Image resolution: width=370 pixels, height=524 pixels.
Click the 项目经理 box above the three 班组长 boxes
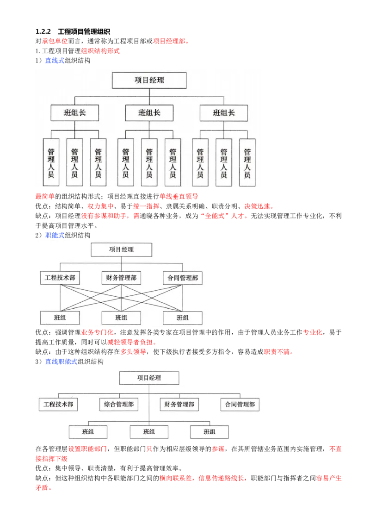click(149, 80)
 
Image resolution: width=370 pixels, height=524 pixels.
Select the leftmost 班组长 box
click(74, 112)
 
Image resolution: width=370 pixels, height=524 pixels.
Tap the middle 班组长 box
click(149, 112)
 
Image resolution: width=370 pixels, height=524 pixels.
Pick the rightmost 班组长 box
click(223, 112)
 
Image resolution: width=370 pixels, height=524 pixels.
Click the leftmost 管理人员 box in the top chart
click(51, 162)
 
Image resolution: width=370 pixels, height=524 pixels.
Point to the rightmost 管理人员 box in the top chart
click(247, 162)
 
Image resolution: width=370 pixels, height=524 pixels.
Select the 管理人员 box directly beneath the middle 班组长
click(149, 162)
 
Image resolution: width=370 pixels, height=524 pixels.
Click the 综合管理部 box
click(119, 404)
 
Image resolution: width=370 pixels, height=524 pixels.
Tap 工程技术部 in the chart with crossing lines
click(60, 278)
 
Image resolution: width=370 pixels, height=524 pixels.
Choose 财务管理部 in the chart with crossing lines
click(121, 278)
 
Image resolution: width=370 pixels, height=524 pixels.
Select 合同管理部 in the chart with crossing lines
click(183, 278)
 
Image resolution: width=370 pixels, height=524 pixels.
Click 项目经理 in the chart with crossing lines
click(121, 250)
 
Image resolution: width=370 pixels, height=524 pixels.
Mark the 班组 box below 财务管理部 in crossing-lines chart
click(121, 318)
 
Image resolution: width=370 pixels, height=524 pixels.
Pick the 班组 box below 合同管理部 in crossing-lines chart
click(183, 318)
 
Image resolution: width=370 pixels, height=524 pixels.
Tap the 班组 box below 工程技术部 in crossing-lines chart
click(60, 318)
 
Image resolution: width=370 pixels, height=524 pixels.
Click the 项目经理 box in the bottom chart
click(149, 378)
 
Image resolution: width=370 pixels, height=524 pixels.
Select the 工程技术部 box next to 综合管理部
click(58, 404)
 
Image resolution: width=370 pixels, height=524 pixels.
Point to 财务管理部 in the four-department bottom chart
click(179, 404)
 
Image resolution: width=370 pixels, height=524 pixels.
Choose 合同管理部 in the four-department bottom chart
click(240, 404)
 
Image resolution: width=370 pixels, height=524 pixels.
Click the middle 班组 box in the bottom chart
click(149, 431)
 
